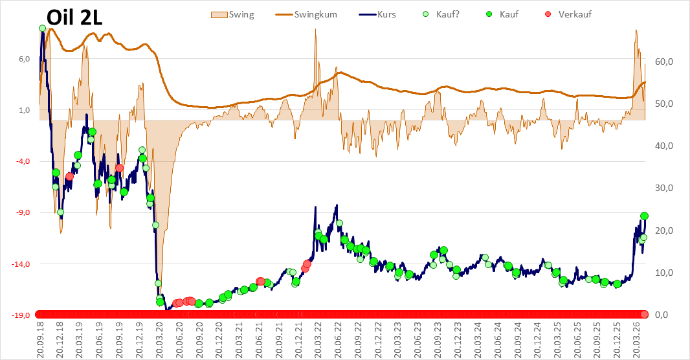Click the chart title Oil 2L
74,17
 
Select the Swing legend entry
232,14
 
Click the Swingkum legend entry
306,14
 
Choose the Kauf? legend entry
441,14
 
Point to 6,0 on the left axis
24,59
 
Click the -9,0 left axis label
23,212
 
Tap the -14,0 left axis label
21,264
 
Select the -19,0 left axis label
21,315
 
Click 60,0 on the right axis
664,62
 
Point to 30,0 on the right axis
664,188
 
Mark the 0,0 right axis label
662,315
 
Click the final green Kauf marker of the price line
644,216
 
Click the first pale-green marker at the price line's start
42,28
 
